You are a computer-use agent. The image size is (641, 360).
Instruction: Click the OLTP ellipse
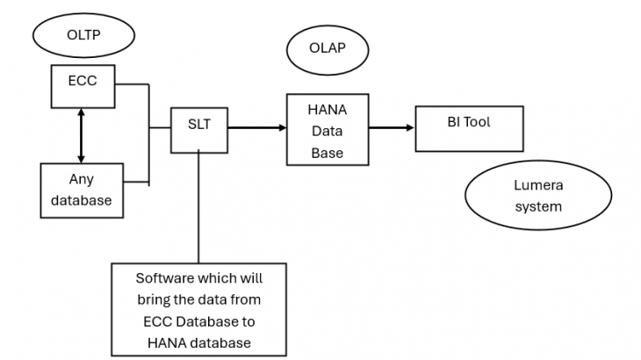point(83,36)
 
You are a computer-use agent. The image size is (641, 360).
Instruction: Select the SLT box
point(199,129)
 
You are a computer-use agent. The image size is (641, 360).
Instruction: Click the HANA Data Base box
point(328,129)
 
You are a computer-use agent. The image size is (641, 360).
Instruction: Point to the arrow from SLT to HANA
point(257,128)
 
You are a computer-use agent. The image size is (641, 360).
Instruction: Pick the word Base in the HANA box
point(327,153)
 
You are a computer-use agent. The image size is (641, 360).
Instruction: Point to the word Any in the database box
point(82,179)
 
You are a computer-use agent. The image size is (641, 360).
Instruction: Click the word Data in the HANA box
point(327,131)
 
